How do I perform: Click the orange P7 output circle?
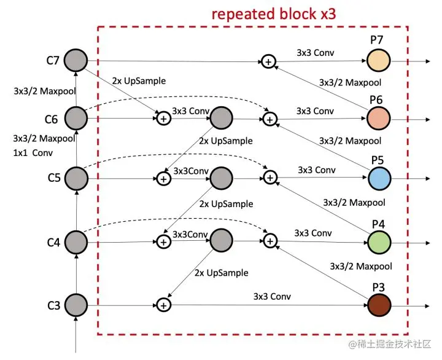pyautogui.click(x=379, y=60)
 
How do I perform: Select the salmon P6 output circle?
pyautogui.click(x=379, y=118)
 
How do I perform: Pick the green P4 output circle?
pyautogui.click(x=379, y=241)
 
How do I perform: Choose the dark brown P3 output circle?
pyautogui.click(x=379, y=305)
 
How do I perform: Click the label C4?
pyautogui.click(x=53, y=243)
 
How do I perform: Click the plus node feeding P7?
pyautogui.click(x=268, y=61)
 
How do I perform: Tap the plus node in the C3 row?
pyautogui.click(x=163, y=305)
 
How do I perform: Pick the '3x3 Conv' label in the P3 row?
pyautogui.click(x=272, y=296)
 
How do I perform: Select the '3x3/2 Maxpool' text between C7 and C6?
pyautogui.click(x=44, y=90)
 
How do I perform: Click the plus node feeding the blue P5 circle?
pyautogui.click(x=269, y=179)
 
